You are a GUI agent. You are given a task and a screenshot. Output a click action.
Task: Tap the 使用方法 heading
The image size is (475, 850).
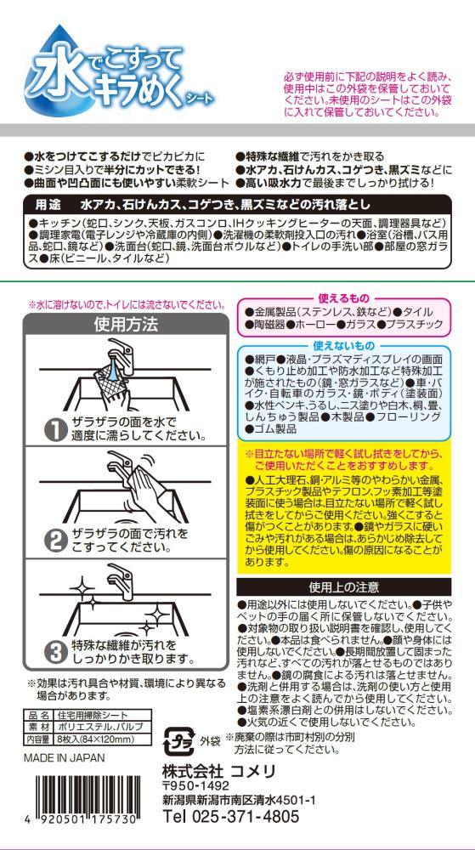click(126, 325)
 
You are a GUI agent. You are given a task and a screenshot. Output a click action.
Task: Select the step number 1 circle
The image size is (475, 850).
click(54, 429)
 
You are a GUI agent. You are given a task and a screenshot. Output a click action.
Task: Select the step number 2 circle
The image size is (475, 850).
click(54, 541)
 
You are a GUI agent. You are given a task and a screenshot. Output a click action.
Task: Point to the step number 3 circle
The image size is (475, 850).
click(54, 652)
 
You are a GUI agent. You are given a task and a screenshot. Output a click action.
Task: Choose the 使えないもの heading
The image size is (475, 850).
click(343, 346)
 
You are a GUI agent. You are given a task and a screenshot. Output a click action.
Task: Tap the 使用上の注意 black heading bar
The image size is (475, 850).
click(344, 586)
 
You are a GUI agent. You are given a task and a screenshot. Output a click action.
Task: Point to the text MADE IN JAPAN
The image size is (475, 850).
click(65, 758)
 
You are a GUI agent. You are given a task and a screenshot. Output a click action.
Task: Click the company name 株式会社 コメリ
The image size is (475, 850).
click(219, 771)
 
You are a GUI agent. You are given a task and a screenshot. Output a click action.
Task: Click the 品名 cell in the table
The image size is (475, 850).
click(38, 716)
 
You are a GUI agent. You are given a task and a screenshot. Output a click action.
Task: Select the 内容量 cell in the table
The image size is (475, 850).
click(38, 739)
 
